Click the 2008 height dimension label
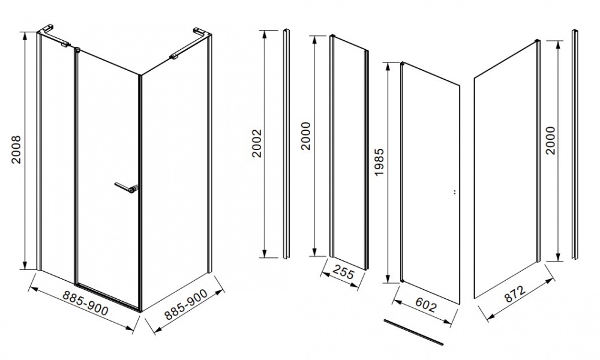[16, 150]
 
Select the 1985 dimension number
[379, 162]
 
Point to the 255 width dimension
[343, 273]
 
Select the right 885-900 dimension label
[186, 305]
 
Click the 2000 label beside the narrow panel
[307, 136]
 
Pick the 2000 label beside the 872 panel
[550, 140]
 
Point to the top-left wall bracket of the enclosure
[55, 37]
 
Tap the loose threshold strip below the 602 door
[413, 332]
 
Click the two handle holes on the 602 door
[454, 192]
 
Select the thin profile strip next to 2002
[286, 144]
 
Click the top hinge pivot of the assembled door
[77, 49]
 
